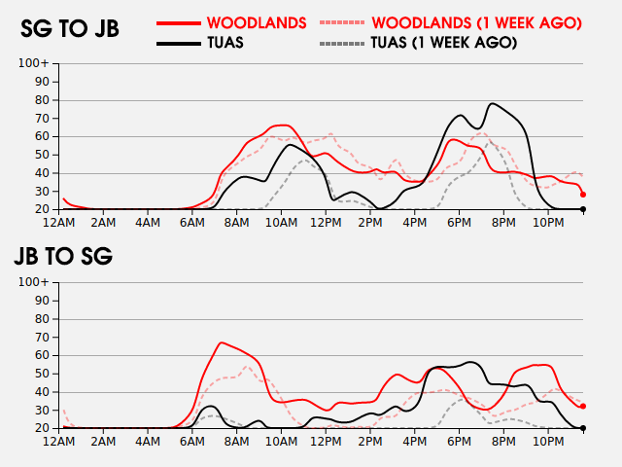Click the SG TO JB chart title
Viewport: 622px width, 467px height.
point(70,29)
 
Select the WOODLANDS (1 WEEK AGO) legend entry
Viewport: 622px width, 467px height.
point(476,21)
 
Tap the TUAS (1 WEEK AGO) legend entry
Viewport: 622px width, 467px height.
point(443,43)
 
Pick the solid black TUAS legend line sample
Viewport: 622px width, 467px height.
point(178,43)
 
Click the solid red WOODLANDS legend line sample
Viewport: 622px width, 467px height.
point(178,21)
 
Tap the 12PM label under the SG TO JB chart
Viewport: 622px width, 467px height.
point(326,224)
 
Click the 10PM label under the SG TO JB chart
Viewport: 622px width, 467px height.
point(547,224)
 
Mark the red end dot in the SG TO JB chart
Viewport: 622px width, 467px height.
point(583,195)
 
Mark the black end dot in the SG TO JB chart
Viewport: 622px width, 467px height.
point(583,209)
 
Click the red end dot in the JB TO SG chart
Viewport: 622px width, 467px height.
point(583,407)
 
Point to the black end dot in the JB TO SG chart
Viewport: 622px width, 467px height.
point(583,428)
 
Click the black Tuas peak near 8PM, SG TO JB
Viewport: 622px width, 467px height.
point(493,103)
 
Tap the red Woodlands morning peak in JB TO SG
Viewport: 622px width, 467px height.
point(223,342)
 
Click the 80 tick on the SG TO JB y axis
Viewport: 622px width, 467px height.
point(43,100)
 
